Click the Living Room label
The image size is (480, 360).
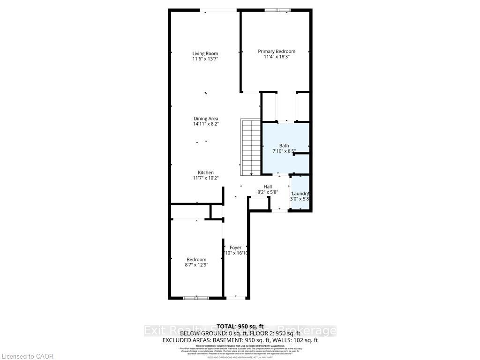[x=205, y=53]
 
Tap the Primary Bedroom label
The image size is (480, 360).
[x=277, y=51]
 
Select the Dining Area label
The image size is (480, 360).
[x=206, y=119]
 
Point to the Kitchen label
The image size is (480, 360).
[x=205, y=172]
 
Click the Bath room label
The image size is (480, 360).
[x=284, y=146]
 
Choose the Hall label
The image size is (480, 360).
[x=268, y=187]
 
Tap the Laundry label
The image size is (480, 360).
[x=300, y=194]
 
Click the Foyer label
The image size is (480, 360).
[x=235, y=247]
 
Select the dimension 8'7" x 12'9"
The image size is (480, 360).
[x=197, y=265]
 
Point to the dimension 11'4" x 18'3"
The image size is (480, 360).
[x=277, y=57]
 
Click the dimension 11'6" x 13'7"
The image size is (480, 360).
[x=205, y=59]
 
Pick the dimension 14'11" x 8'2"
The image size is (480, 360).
[x=206, y=124]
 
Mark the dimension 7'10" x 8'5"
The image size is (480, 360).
[x=284, y=151]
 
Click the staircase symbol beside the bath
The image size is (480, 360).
[x=250, y=147]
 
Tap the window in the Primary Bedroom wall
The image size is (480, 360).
[x=277, y=10]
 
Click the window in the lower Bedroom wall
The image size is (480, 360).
[x=196, y=297]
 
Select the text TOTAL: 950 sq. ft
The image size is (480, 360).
[x=240, y=326]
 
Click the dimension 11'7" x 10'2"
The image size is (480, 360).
[x=205, y=178]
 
